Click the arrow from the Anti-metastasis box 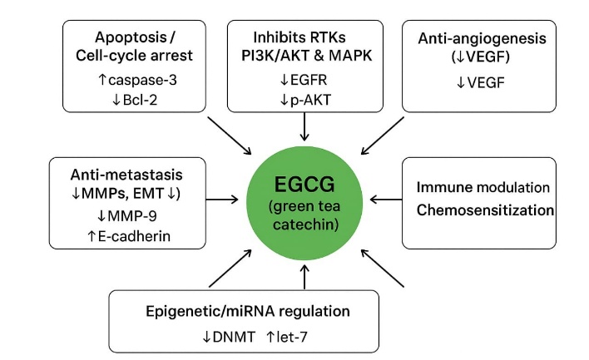pos(223,200)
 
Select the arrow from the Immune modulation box pos(384,200)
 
